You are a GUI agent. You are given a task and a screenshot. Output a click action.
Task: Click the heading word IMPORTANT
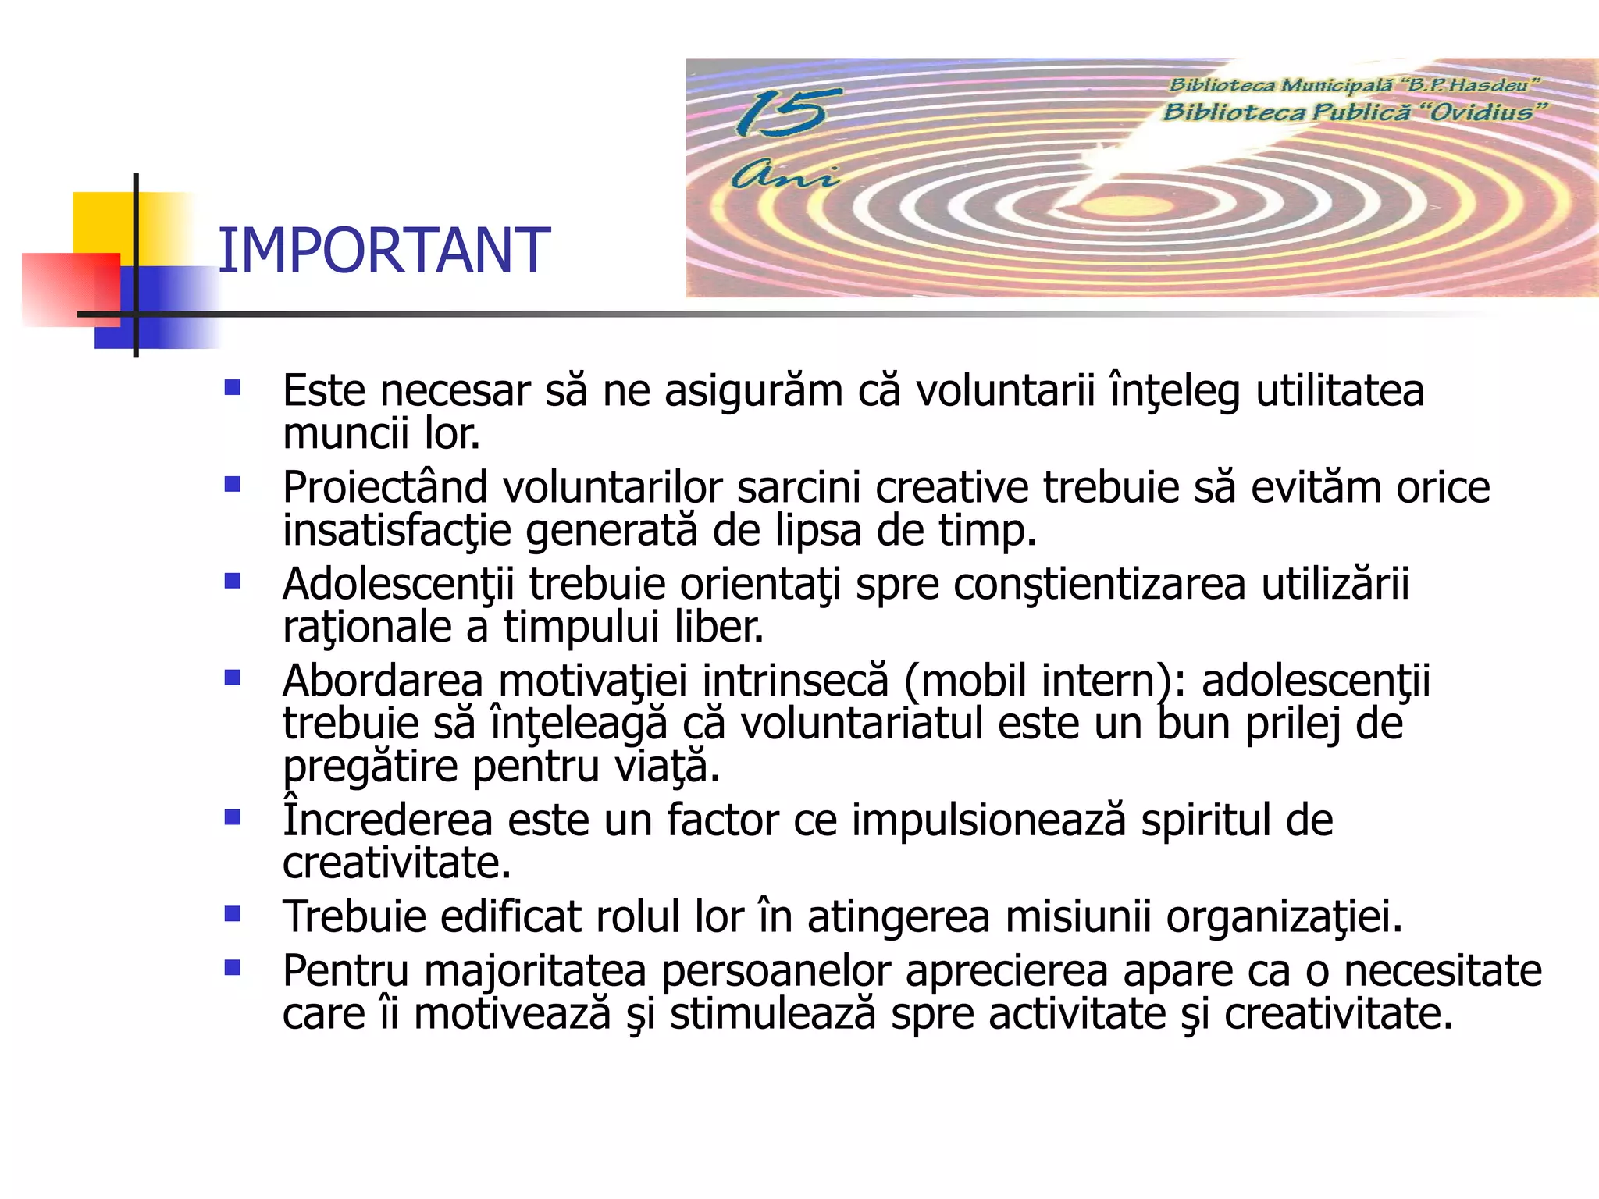point(383,251)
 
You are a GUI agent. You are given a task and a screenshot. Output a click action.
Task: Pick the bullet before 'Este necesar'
point(232,388)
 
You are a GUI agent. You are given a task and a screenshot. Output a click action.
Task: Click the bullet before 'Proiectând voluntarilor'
point(232,485)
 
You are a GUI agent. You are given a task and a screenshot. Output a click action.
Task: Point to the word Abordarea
point(383,681)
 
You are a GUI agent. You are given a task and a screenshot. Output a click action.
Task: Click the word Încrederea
point(387,820)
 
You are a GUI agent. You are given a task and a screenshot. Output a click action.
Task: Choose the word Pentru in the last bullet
point(346,972)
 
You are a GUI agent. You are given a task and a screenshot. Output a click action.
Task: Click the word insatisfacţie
point(397,531)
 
